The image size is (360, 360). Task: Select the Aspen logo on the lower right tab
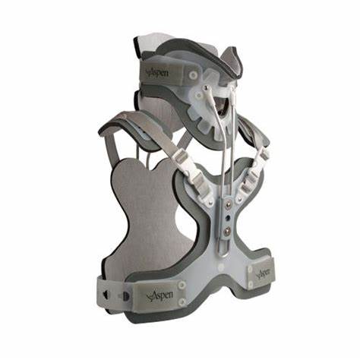coord(263,272)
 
